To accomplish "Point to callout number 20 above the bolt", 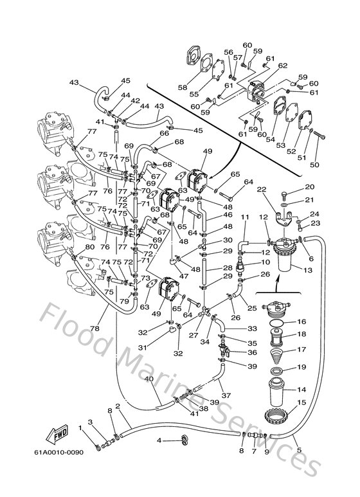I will [x=309, y=187].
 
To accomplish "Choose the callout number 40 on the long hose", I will [x=150, y=379].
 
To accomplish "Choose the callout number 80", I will [x=71, y=247].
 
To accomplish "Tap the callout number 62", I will [x=283, y=66].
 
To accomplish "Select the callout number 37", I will [x=226, y=395].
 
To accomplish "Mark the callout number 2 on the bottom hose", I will [x=118, y=406].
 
